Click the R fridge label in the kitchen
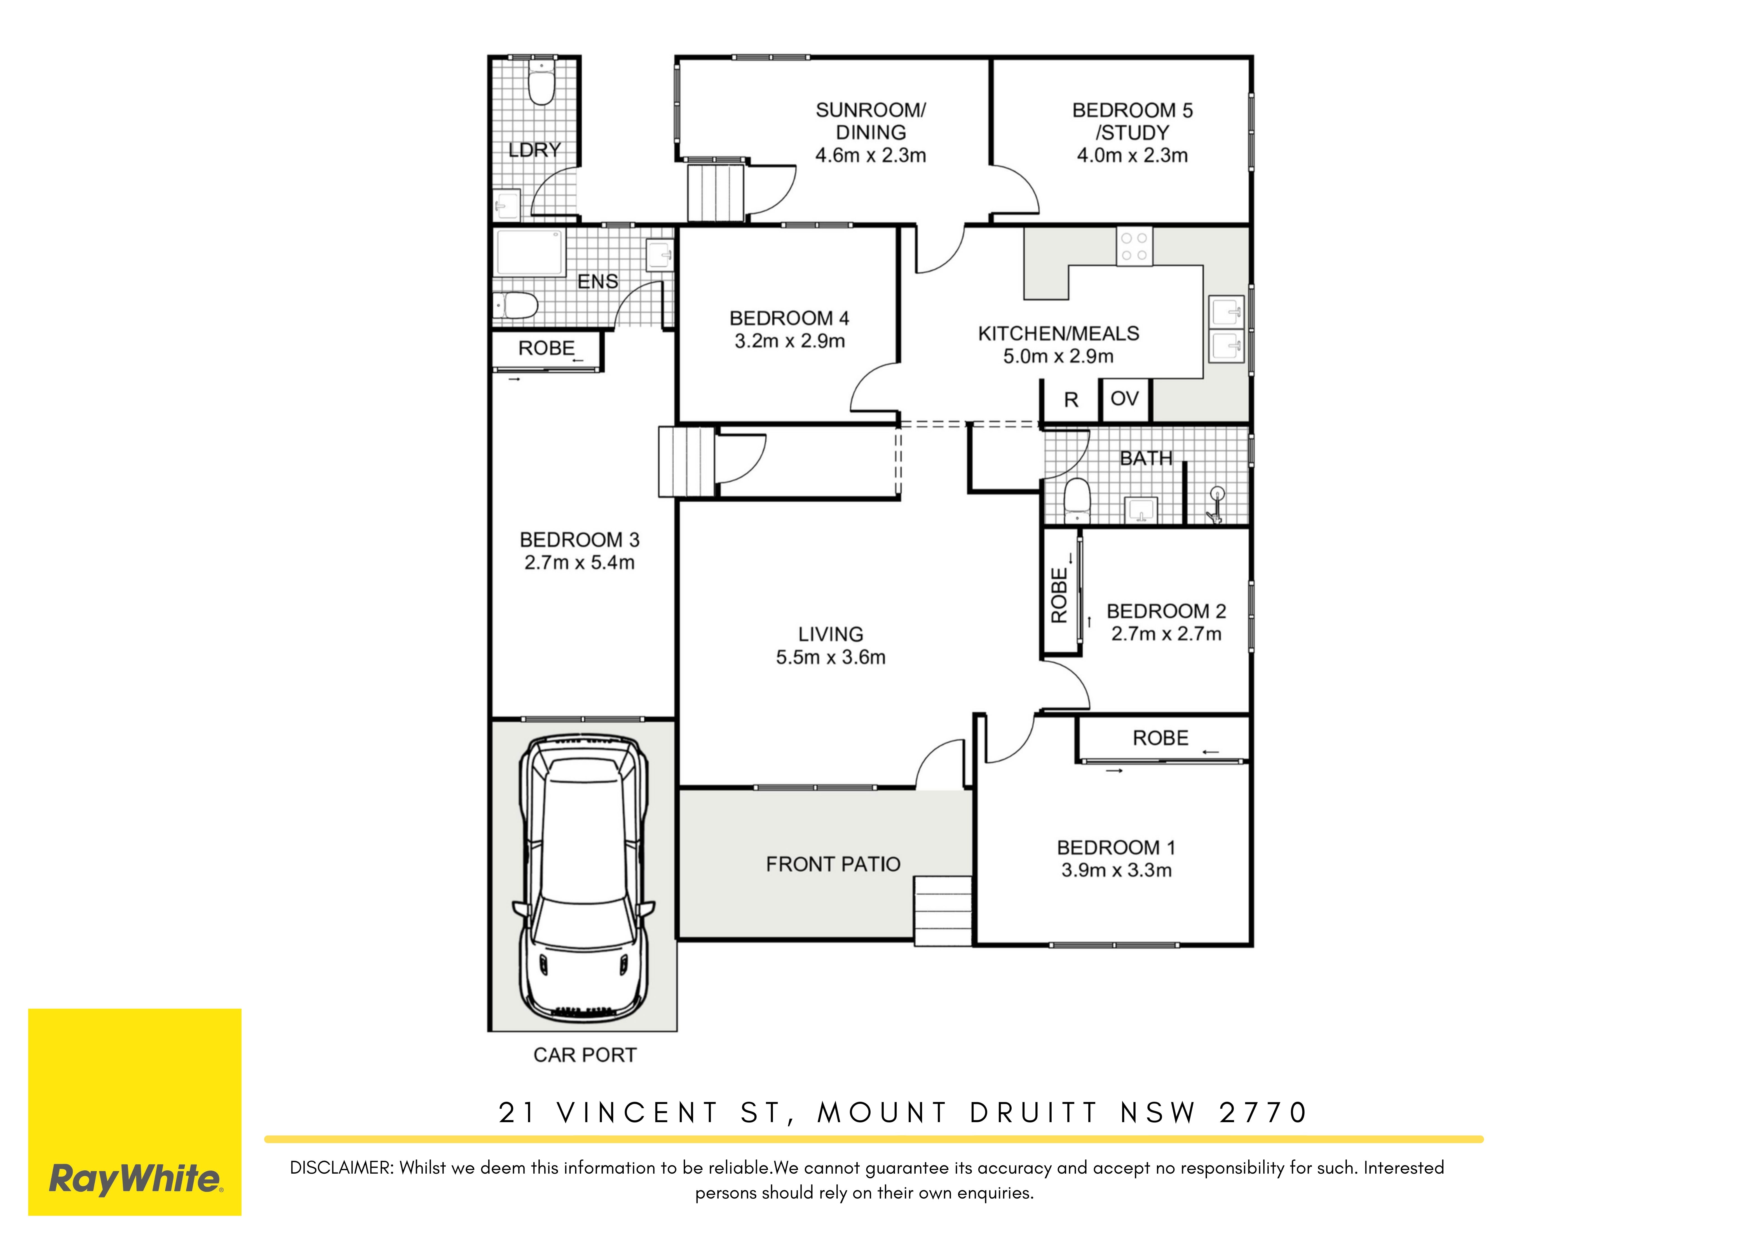click(1071, 400)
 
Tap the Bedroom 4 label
click(789, 318)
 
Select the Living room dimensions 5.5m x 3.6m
click(830, 657)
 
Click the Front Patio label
click(833, 864)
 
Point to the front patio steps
click(943, 911)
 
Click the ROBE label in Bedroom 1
click(1160, 738)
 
